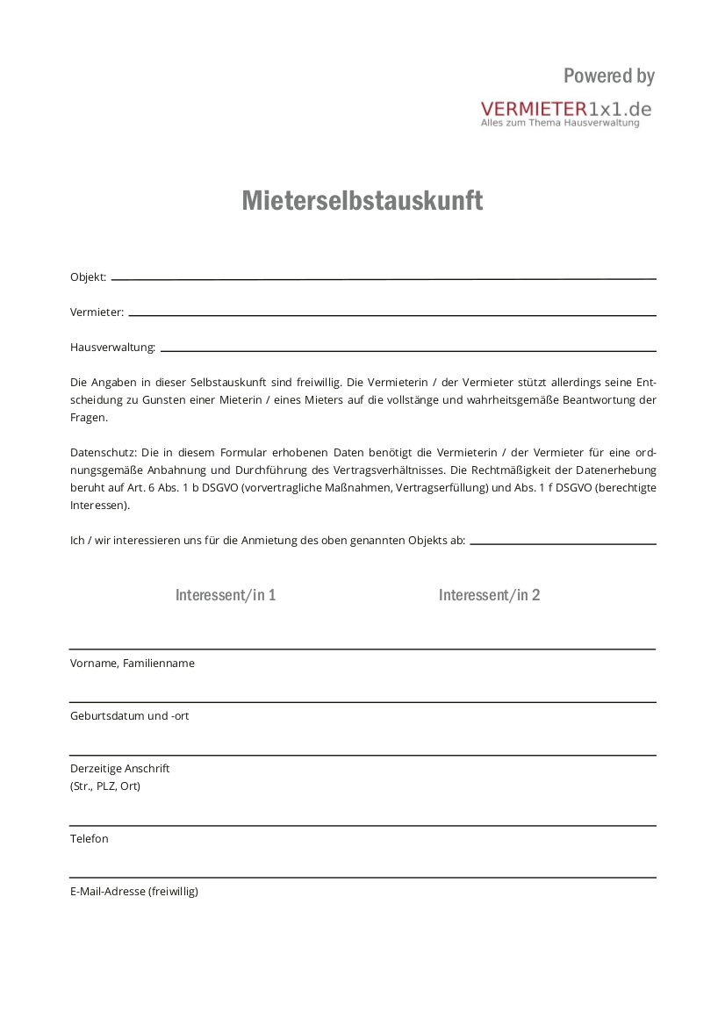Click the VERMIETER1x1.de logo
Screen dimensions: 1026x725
pos(566,109)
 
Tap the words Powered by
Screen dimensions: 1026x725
pos(609,76)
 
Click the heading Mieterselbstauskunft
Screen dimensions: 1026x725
pos(362,201)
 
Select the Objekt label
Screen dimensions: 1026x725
pos(88,277)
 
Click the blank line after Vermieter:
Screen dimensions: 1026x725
pos(392,314)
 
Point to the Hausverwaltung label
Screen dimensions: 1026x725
pos(112,348)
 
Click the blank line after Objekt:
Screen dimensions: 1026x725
pos(384,278)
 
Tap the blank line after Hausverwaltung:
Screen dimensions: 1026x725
pos(408,350)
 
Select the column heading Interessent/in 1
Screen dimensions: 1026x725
pos(226,595)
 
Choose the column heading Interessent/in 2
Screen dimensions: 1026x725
pos(489,595)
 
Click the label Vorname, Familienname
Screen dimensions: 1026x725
pos(133,664)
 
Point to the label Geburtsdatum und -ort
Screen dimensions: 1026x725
pos(129,716)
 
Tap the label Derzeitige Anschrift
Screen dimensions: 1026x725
pos(120,769)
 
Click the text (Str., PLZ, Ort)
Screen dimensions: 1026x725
pos(105,786)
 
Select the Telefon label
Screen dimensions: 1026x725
pos(90,839)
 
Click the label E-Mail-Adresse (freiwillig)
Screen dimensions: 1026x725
pos(134,892)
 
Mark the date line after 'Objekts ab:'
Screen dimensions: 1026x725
pos(563,543)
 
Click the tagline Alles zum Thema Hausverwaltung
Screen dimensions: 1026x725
pos(560,124)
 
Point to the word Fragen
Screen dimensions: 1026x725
pos(89,418)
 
